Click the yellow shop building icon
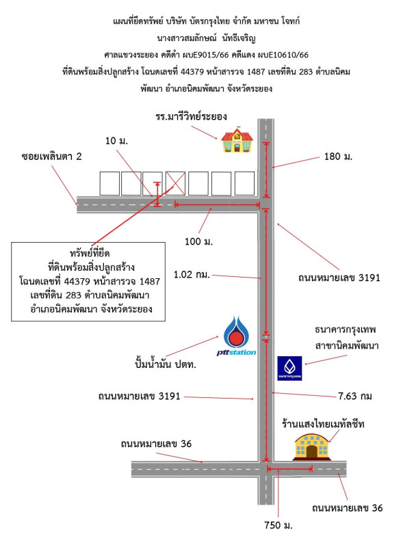[312, 446]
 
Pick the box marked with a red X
[177, 183]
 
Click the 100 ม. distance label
[200, 241]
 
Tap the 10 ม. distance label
[118, 141]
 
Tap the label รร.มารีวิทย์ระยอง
[190, 116]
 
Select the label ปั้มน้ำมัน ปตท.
[166, 364]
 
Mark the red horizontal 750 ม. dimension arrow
[290, 469]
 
